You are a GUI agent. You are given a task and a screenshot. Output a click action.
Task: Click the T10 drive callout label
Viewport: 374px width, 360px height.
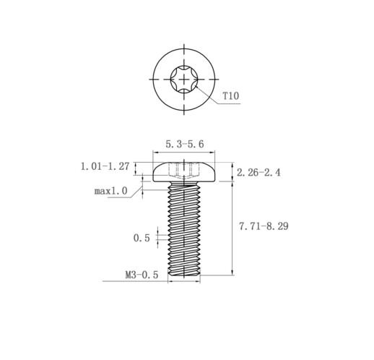[230, 95]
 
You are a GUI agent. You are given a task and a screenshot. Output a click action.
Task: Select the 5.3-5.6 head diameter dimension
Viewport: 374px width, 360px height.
[185, 144]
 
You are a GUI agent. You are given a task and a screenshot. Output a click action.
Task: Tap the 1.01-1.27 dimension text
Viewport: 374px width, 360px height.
[105, 166]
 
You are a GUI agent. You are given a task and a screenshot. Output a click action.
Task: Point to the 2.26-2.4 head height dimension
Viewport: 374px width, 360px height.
[258, 173]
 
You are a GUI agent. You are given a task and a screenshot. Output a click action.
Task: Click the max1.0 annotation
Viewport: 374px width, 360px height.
[110, 191]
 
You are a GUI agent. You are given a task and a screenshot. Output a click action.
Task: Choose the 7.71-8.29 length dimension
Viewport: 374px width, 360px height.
[264, 226]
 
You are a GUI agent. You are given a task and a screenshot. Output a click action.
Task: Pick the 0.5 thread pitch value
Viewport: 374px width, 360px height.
[142, 238]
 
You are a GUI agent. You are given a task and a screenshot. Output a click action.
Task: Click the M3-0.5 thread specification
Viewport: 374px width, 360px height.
[142, 275]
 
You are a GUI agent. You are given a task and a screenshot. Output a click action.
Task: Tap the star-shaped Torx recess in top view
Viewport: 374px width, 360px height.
[184, 79]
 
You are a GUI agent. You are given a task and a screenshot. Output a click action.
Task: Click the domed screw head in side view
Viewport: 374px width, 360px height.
[184, 172]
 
